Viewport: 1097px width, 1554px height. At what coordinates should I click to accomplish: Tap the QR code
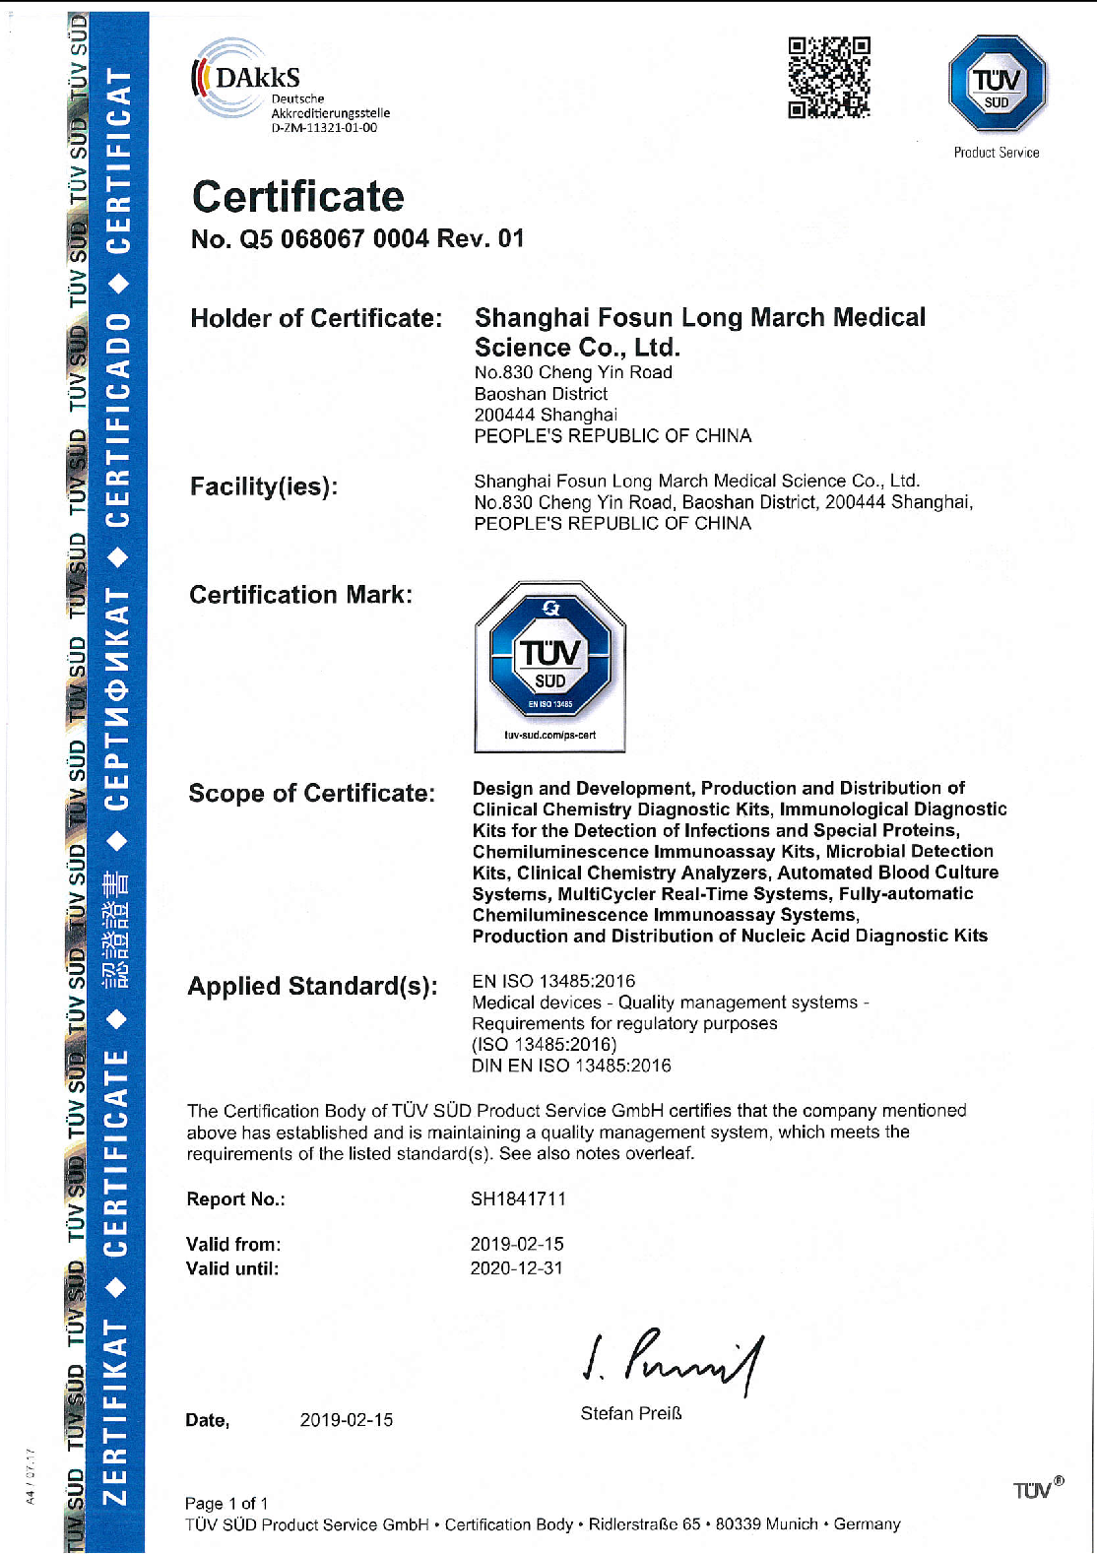[829, 78]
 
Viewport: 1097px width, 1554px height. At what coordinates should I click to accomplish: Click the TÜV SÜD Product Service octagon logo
[997, 85]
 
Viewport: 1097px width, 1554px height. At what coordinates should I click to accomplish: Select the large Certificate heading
[297, 197]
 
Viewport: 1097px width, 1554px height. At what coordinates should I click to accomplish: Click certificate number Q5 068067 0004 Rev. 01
[357, 239]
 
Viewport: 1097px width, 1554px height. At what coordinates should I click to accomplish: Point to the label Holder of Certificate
[316, 319]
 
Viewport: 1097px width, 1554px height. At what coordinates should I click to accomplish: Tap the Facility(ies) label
[263, 486]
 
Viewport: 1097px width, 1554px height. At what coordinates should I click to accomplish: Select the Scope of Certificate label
[311, 794]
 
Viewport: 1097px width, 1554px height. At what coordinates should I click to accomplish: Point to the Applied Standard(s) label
[312, 987]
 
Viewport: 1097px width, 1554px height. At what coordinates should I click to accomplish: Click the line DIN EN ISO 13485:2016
[571, 1066]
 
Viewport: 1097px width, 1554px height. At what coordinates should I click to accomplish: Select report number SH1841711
[518, 1199]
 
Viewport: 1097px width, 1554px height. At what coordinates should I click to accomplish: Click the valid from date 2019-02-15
[517, 1245]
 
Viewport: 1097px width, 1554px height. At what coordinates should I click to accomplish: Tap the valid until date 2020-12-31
[517, 1268]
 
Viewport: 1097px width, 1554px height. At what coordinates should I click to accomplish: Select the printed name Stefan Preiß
[631, 1414]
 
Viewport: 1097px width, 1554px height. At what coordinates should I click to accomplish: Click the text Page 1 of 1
[226, 1504]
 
